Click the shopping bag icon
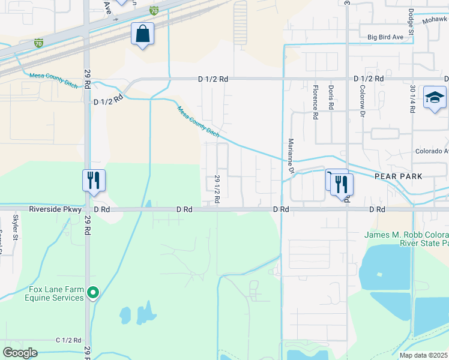point(142,35)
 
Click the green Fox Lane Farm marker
point(92,293)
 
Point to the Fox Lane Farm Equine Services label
point(56,293)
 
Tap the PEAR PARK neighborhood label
point(398,176)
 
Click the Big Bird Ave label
point(385,37)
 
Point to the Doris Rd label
point(331,97)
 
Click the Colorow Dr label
point(362,100)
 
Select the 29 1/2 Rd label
point(217,190)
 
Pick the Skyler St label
point(16,227)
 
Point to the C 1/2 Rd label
point(68,340)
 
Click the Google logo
point(20,352)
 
